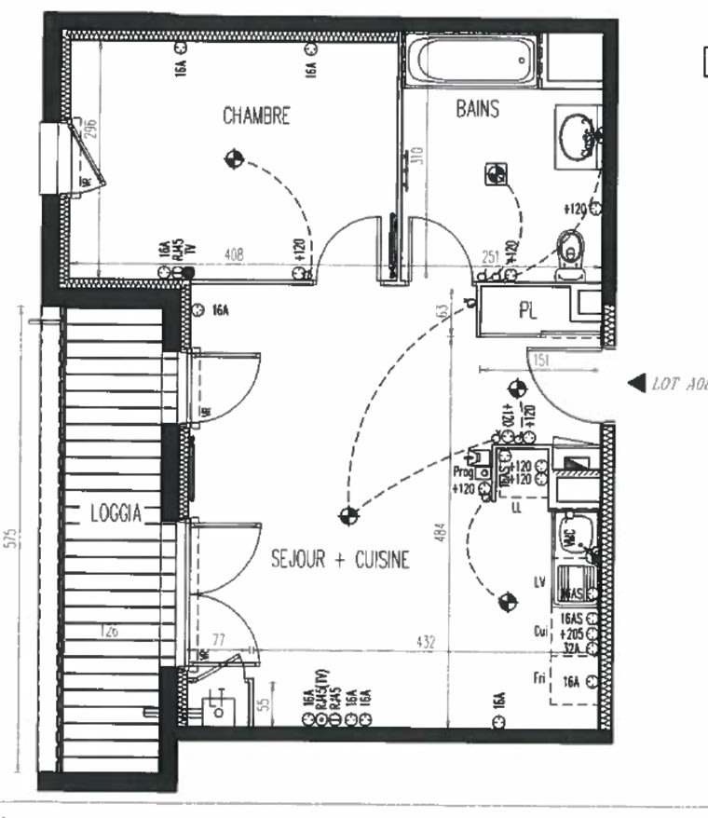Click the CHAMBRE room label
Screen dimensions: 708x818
tap(256, 116)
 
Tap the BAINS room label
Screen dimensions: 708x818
tap(477, 109)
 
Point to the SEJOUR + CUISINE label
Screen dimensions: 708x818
tap(340, 559)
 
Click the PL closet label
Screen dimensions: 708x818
tap(527, 311)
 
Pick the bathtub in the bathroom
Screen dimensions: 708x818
tap(473, 61)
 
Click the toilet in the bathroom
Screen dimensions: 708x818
tap(570, 250)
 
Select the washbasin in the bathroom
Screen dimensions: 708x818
tap(578, 138)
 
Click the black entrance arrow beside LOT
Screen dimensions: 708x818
tap(636, 382)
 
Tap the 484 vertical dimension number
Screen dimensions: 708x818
tap(442, 533)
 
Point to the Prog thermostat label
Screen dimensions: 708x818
tap(463, 472)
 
